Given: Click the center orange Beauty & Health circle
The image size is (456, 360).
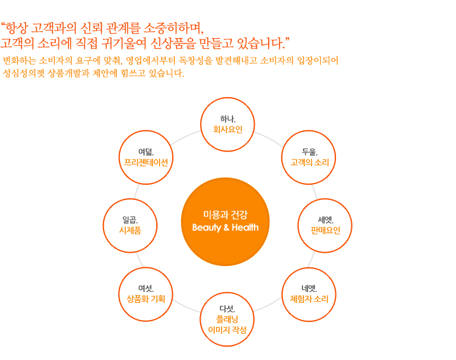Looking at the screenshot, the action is [x=225, y=222].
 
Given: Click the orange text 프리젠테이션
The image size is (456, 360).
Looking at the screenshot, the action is [x=146, y=163].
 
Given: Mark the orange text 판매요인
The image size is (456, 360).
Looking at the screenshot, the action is [x=325, y=230].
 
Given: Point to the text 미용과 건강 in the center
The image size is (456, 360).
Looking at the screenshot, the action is [x=225, y=215].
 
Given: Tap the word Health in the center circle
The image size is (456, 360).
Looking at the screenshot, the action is [x=245, y=227].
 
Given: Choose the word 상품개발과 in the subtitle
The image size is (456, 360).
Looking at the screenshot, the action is [x=69, y=73].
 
